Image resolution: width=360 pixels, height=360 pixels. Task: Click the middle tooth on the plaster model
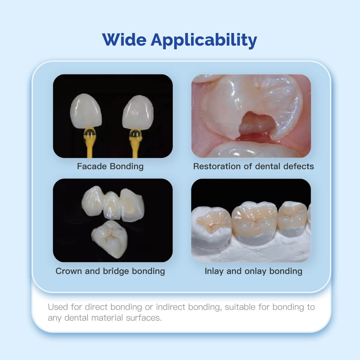[x=254, y=220]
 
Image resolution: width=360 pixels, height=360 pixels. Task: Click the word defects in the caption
[x=298, y=166]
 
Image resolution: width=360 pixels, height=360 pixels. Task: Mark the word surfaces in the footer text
[x=144, y=318]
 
